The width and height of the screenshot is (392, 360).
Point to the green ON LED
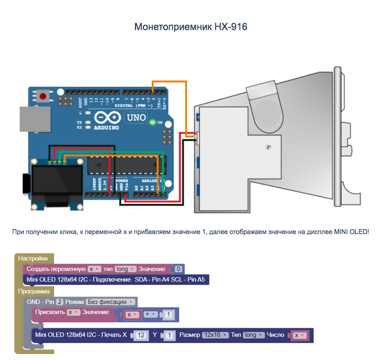tap(153, 122)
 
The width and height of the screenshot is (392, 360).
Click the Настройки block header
tap(33, 259)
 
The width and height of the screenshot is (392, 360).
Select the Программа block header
tap(34, 291)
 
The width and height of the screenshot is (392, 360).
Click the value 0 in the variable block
tap(178, 269)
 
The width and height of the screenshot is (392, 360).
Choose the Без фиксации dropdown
tap(114, 302)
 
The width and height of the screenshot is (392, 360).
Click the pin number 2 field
tap(58, 302)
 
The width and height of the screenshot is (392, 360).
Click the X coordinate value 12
tap(142, 335)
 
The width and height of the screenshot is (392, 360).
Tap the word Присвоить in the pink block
tap(50, 312)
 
